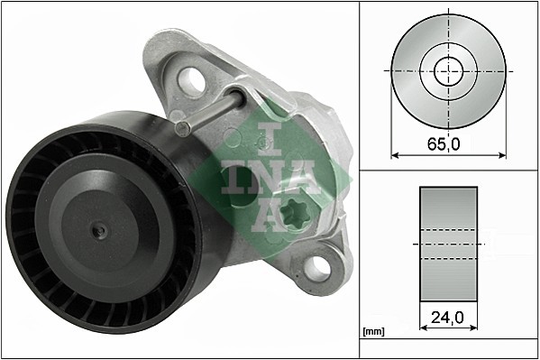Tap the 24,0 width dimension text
448,318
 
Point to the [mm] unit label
372,332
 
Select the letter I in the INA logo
264,137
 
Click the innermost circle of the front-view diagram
448,70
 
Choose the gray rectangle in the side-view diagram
448,244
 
